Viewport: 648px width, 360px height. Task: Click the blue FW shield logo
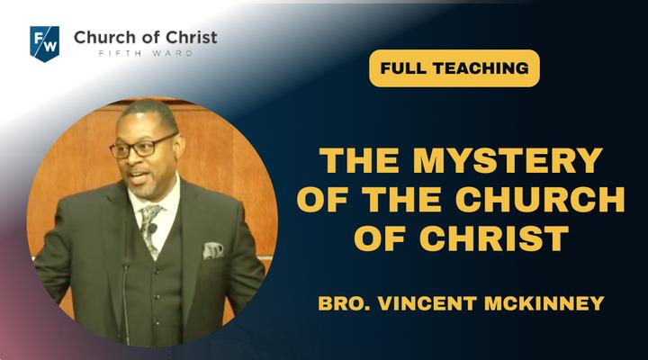coord(45,44)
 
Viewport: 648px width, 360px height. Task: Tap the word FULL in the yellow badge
coord(400,68)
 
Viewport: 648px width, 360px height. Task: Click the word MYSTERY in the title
coord(508,160)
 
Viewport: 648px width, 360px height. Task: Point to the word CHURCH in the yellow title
coord(540,200)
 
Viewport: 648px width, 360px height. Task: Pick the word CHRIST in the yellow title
coord(495,238)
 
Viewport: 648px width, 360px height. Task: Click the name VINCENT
coord(427,303)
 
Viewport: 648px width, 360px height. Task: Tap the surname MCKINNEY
coord(544,303)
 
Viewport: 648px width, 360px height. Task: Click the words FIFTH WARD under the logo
coord(146,53)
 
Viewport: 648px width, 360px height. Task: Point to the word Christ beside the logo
coord(192,37)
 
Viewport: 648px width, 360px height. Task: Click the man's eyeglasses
coord(141,147)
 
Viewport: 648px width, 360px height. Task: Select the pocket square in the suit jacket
coord(212,250)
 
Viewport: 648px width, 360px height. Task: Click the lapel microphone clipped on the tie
coord(153,228)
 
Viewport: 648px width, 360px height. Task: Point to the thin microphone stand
coord(126,301)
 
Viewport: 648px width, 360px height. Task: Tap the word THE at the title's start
coord(359,160)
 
